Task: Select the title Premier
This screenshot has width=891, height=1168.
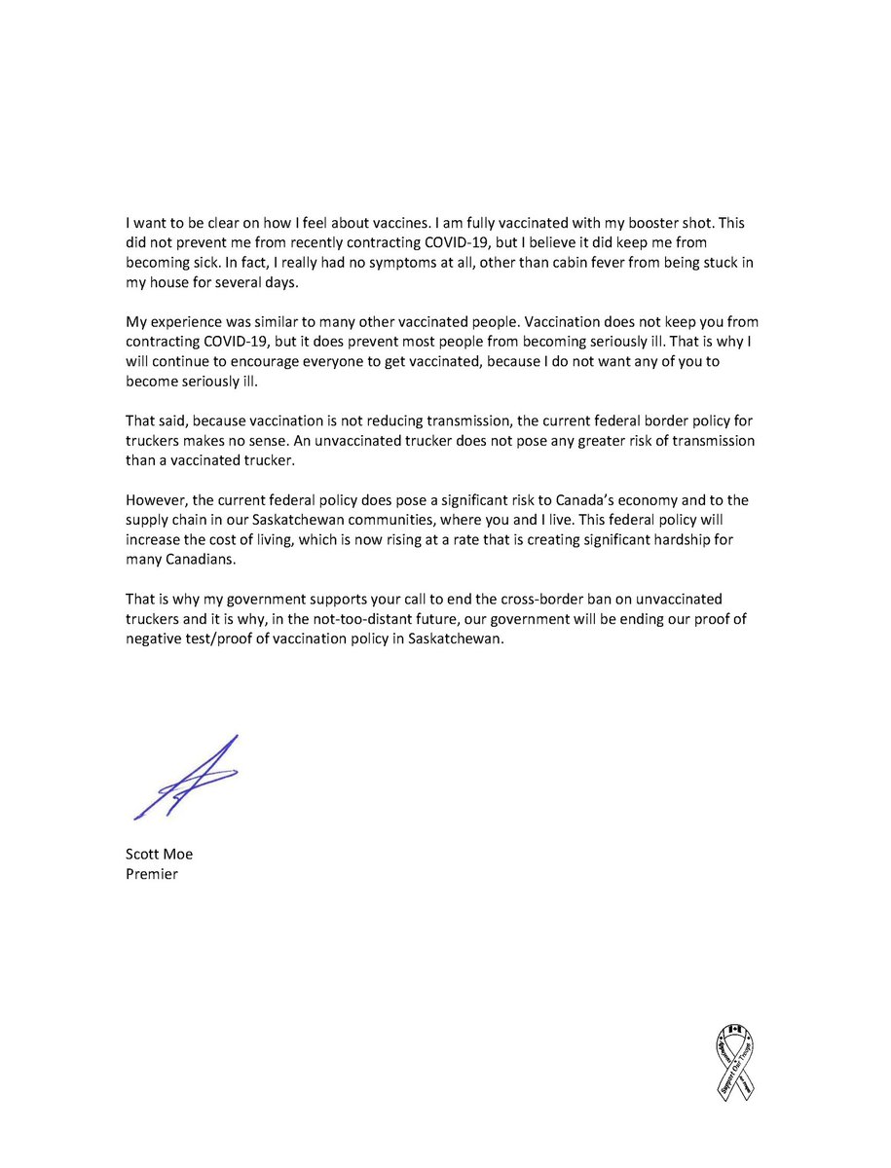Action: (152, 874)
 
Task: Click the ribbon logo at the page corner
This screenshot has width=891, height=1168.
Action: (736, 1062)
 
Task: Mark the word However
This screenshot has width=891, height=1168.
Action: (157, 500)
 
